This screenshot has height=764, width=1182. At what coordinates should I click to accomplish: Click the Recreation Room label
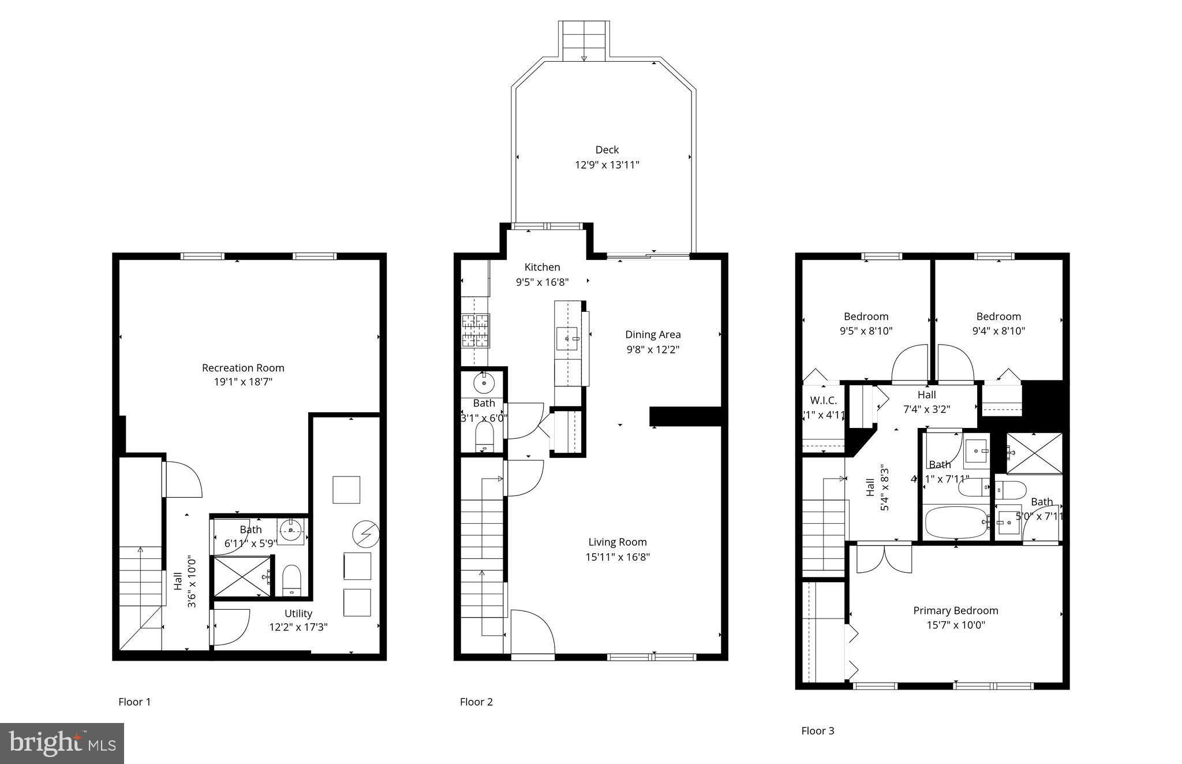[x=243, y=368]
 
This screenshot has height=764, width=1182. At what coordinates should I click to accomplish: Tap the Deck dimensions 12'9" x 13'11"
[x=607, y=165]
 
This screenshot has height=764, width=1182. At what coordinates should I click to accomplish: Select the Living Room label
[x=618, y=542]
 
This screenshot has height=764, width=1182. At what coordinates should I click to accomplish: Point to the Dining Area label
[x=653, y=334]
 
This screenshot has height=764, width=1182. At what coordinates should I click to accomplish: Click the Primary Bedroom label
[x=955, y=610]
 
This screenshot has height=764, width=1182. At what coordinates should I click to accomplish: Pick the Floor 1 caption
[x=134, y=702]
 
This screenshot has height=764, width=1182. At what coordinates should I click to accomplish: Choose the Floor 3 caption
[x=817, y=731]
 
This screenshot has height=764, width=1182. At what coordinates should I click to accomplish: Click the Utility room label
[x=298, y=613]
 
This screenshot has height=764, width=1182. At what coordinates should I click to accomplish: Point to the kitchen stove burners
[x=475, y=331]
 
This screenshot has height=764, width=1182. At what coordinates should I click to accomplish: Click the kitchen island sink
[x=567, y=338]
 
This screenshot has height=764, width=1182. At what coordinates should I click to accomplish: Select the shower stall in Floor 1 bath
[x=242, y=576]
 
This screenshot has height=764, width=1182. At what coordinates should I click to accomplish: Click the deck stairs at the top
[x=583, y=40]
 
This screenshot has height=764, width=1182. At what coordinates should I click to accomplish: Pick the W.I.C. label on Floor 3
[x=823, y=400]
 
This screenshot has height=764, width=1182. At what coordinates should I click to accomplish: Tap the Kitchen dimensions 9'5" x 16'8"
[x=542, y=282]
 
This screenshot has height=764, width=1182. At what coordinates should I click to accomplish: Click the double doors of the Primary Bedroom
[x=884, y=559]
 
